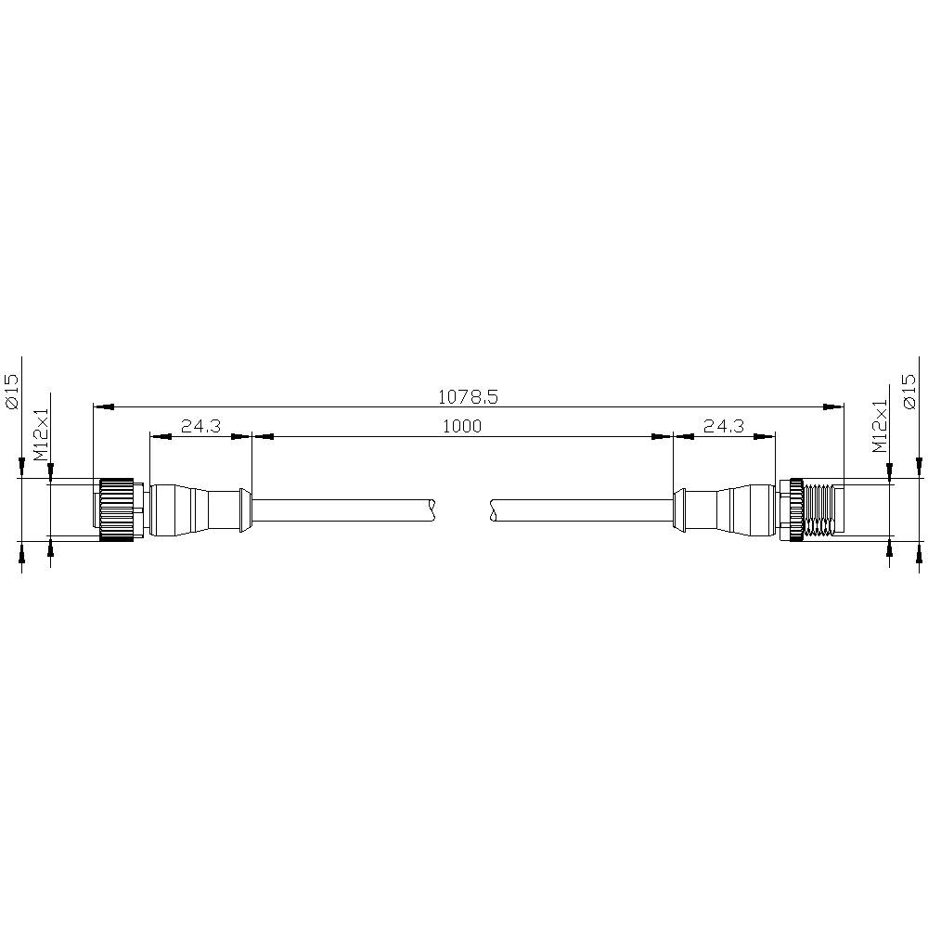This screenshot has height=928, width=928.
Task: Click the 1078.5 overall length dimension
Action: coord(468,396)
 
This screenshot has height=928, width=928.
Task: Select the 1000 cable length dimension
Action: coord(462,426)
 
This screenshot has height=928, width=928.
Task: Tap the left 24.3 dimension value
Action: coord(200,426)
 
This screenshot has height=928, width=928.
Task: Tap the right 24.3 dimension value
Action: coord(723,426)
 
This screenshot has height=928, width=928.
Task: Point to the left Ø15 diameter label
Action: coord(12,392)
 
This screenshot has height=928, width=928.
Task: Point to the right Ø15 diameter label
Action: coord(909,392)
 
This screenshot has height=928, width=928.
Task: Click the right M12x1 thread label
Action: coord(881,426)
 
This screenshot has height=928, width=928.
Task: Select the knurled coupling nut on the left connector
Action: coord(116,509)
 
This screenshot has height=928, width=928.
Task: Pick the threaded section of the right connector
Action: coord(818,509)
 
